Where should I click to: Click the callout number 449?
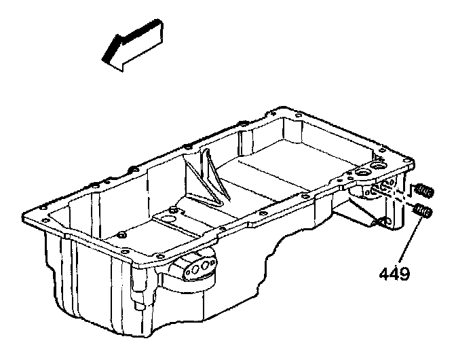tap(395, 274)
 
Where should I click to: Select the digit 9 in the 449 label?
tap(405, 274)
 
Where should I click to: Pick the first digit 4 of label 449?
tap(385, 274)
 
